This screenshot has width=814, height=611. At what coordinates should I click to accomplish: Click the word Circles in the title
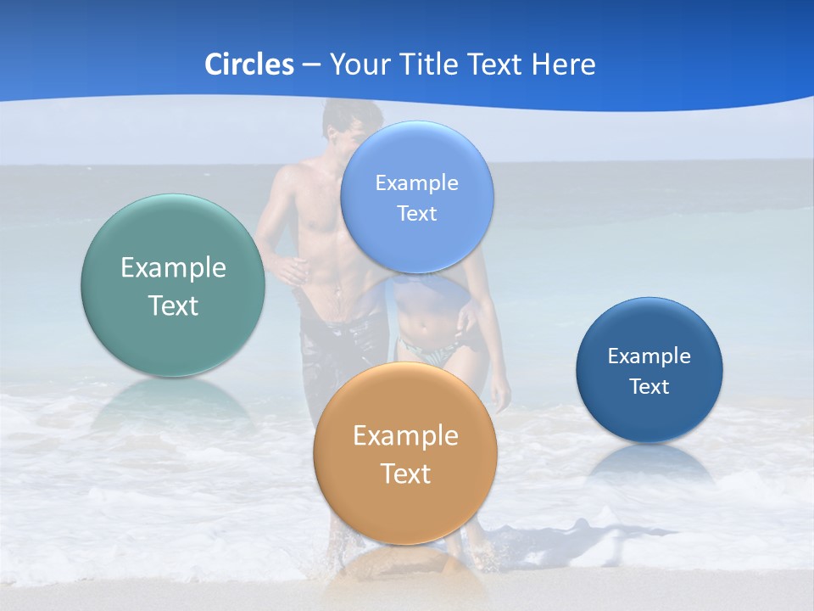click(248, 64)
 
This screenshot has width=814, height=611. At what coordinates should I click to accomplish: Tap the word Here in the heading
click(563, 64)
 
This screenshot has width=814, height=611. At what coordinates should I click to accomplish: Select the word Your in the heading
click(358, 64)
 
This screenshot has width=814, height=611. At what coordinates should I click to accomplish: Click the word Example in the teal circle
click(173, 268)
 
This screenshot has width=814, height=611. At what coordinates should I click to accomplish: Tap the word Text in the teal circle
click(173, 305)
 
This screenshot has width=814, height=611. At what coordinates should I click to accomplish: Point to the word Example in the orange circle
click(405, 436)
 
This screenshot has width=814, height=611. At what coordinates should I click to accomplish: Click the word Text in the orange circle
click(405, 474)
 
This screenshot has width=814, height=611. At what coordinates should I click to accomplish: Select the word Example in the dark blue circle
click(650, 356)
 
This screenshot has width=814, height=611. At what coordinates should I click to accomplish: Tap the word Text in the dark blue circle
click(650, 387)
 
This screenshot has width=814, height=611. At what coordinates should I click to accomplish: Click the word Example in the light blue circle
click(417, 183)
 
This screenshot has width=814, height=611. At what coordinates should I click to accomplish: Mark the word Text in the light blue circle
click(417, 214)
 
